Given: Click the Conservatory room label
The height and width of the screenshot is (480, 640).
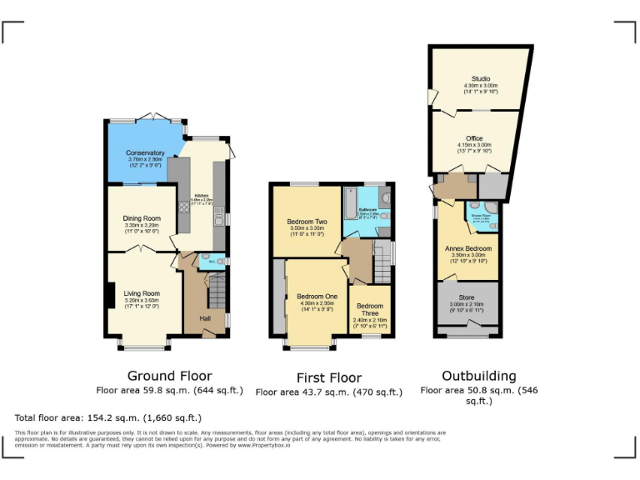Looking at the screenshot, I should click(145, 153).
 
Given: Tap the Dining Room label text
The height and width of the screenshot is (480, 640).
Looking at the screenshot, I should click(141, 218).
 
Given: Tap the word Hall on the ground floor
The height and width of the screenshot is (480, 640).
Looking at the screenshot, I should click(204, 317).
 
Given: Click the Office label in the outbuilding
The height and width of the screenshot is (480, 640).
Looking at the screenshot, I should click(474, 138).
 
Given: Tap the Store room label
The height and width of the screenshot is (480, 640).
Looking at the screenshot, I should click(467, 297).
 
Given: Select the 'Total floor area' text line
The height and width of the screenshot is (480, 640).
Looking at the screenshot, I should click(108, 417).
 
